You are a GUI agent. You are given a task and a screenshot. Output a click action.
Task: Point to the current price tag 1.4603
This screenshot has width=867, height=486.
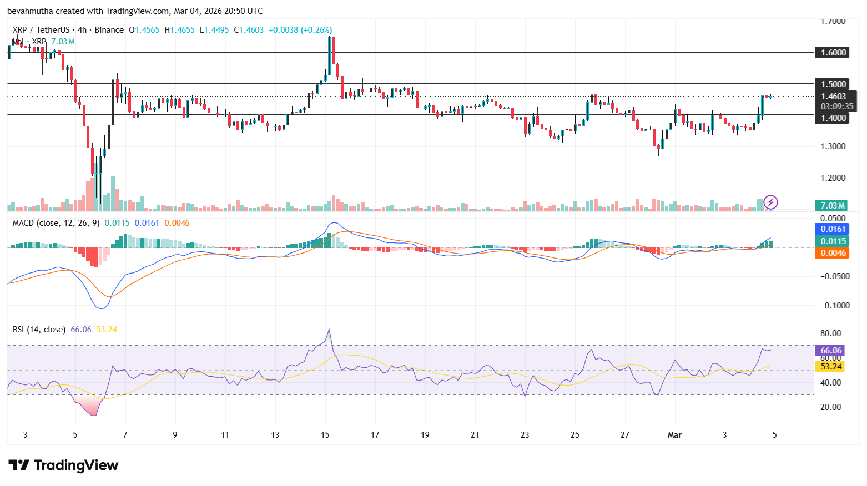(834, 97)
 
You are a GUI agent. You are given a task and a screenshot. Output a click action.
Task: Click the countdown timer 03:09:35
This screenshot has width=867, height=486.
(837, 107)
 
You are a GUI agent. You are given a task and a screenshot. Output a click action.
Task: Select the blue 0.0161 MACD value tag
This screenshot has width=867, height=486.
(833, 229)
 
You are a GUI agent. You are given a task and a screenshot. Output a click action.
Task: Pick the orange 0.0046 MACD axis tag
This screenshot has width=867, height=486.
(833, 253)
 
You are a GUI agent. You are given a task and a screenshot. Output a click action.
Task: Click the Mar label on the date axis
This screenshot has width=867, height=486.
(674, 435)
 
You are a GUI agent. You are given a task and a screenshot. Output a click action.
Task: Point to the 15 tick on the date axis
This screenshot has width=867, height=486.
(325, 435)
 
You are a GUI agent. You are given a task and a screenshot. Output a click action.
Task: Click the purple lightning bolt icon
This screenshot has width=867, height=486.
(770, 202)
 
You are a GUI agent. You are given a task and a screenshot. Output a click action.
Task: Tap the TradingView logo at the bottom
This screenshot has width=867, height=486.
(63, 465)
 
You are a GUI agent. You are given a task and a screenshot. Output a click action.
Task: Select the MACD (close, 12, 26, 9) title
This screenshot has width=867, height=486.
(56, 223)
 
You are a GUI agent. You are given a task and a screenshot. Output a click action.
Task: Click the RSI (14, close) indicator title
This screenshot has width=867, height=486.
(39, 330)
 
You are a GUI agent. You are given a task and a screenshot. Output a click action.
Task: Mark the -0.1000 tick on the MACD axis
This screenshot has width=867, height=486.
(835, 306)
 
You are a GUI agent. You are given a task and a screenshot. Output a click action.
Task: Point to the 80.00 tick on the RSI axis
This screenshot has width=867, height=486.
(831, 333)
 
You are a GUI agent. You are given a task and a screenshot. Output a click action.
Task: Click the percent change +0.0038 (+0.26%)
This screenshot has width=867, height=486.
(300, 30)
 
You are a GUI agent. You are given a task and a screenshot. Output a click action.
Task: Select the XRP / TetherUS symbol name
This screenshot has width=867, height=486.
(41, 30)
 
